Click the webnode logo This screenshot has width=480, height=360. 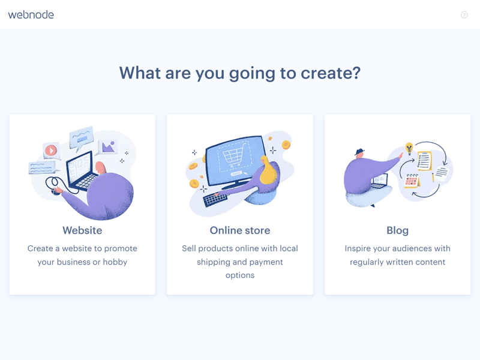click(x=31, y=14)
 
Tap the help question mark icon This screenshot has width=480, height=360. click(x=464, y=14)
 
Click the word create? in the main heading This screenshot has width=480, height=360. click(x=331, y=73)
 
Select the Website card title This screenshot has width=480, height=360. click(x=82, y=230)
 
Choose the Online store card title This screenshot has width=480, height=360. click(x=240, y=230)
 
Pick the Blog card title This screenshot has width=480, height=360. click(x=397, y=230)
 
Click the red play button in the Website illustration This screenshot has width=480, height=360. click(x=51, y=151)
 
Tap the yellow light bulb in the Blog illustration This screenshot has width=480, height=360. click(x=409, y=148)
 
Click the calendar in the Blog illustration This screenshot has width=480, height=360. click(x=412, y=181)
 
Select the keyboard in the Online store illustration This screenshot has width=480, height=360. click(x=215, y=200)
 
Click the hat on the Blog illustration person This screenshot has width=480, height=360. click(x=359, y=152)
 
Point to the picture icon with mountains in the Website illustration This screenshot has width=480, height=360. click(x=109, y=146)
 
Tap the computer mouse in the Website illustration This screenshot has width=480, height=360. click(x=55, y=191)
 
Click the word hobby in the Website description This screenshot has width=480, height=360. click(x=115, y=262)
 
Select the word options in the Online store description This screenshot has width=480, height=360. click(x=240, y=275)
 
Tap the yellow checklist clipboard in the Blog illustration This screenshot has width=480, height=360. click(x=424, y=161)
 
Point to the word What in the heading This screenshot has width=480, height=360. click(x=140, y=73)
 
